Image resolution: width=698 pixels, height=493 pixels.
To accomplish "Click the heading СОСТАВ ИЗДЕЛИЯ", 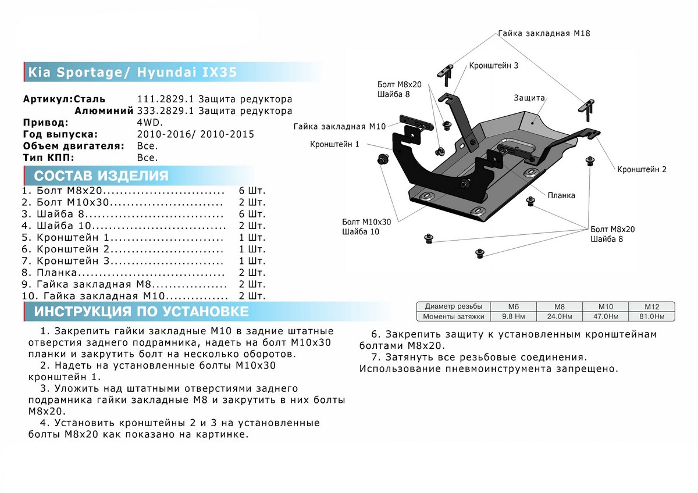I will click(x=101, y=176).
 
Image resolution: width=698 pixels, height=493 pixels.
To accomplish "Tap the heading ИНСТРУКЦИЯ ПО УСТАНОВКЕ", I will click(x=141, y=312).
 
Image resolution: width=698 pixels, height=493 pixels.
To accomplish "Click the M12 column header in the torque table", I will click(x=651, y=306).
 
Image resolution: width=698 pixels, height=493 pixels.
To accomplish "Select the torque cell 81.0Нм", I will click(x=651, y=316).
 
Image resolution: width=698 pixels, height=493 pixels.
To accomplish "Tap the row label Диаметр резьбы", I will click(x=453, y=306).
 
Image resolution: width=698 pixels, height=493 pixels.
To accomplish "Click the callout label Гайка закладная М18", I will click(x=544, y=34).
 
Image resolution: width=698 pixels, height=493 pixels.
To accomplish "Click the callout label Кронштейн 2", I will click(x=642, y=169).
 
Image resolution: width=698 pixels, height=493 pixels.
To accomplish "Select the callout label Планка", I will click(x=561, y=195).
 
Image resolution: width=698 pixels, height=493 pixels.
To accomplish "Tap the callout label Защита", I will click(x=529, y=98).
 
